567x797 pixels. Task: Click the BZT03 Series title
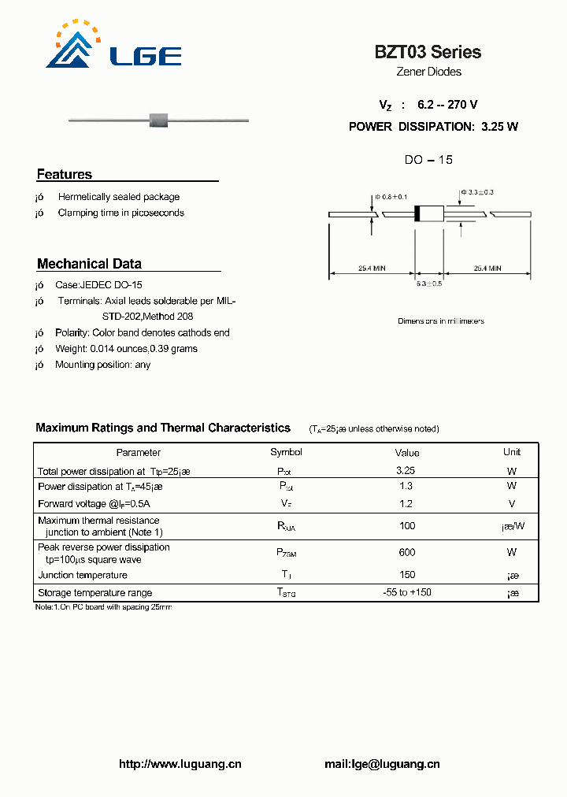point(428,52)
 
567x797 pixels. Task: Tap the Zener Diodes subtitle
point(428,72)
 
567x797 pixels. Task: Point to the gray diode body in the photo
point(160,120)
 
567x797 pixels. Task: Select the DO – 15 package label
point(428,160)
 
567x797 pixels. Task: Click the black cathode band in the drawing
point(419,213)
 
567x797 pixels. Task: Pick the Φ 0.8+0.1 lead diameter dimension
point(391,196)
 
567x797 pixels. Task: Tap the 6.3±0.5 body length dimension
point(429,284)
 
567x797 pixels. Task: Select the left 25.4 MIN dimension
point(372,269)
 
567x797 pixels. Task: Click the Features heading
point(65,174)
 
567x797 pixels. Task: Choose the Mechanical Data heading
point(89,264)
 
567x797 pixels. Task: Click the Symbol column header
point(286,452)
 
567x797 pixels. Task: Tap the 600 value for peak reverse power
point(406,552)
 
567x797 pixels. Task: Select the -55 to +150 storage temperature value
point(406,592)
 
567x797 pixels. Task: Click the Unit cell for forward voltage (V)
point(512,503)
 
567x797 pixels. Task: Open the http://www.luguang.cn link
point(180,764)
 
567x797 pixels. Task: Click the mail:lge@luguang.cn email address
point(382,764)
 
